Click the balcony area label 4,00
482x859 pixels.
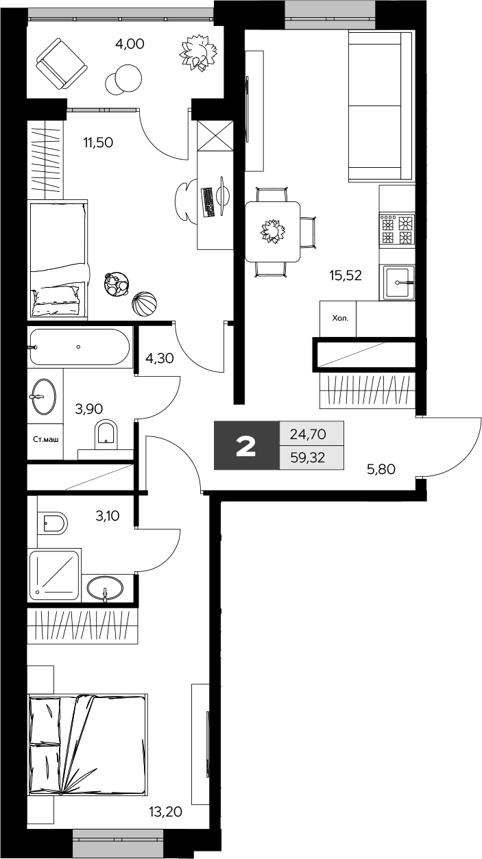(130, 45)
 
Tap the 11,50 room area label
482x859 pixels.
(97, 143)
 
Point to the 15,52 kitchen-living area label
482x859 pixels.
(345, 275)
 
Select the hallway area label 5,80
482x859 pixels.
(381, 470)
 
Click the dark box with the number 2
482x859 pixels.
(246, 445)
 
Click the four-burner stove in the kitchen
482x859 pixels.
(397, 229)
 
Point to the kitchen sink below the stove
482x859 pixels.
(397, 282)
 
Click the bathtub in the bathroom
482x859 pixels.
(79, 347)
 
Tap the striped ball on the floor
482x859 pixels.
(143, 305)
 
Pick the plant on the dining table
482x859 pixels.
(272, 232)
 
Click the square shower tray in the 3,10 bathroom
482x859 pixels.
(55, 573)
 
